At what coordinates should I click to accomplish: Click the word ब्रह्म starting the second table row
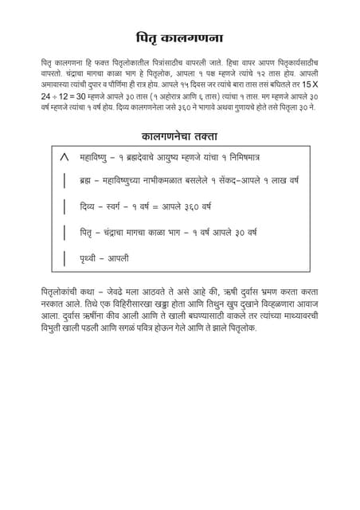click(x=88, y=182)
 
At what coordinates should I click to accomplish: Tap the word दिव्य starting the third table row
click(x=89, y=207)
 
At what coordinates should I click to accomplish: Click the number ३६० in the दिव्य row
click(x=190, y=207)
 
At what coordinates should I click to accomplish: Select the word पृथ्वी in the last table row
click(x=90, y=257)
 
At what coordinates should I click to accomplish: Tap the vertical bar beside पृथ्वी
click(x=64, y=257)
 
